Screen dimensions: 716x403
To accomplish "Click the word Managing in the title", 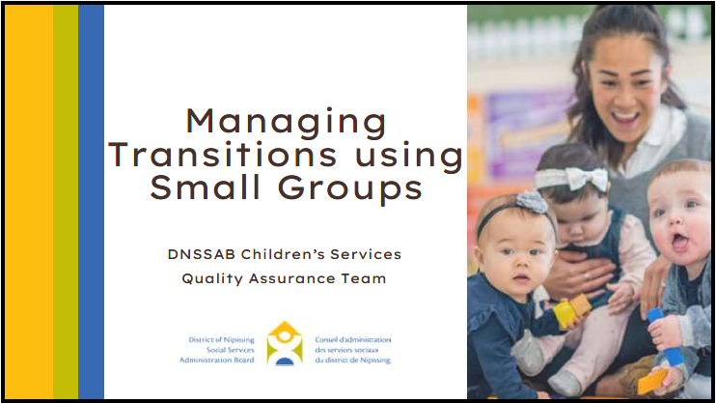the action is coord(287,123).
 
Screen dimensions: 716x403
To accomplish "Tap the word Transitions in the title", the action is coord(222,155).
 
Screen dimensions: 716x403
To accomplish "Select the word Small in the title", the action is coord(205,187).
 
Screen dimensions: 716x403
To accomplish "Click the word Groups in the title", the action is coord(350,189).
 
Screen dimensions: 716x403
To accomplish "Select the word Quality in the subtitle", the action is coord(213,278).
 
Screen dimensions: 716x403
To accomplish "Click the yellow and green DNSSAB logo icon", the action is coord(285,343).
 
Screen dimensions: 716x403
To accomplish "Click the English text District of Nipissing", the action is coord(222,340).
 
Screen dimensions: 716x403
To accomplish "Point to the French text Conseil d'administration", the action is coord(353,340).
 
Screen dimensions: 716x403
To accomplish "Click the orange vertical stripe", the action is coord(29,202).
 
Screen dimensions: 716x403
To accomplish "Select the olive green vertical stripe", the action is coord(66,202).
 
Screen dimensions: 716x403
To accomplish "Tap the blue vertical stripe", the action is coord(92,202).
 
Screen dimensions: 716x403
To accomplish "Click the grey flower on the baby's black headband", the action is coord(532,203).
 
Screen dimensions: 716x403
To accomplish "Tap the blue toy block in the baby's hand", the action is coord(666,336).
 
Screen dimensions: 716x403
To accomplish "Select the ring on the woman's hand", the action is coord(587,276).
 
